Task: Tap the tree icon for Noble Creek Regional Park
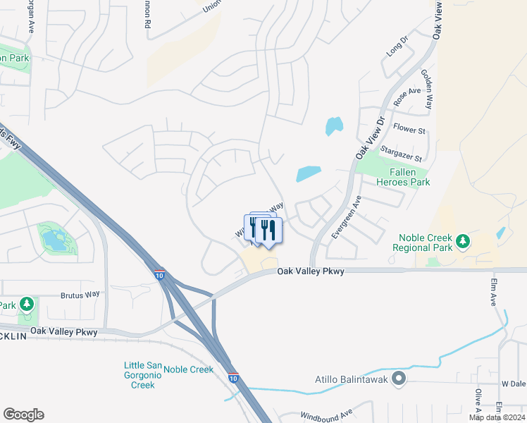tap(462, 242)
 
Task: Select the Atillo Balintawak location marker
tap(399, 379)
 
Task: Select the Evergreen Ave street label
tap(345, 216)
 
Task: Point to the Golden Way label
tap(426, 89)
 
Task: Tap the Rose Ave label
tap(407, 97)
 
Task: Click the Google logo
tap(23, 415)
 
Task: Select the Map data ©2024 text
tap(497, 417)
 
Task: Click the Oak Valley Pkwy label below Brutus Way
tap(63, 331)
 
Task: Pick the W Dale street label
tap(514, 384)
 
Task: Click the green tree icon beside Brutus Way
tap(27, 304)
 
